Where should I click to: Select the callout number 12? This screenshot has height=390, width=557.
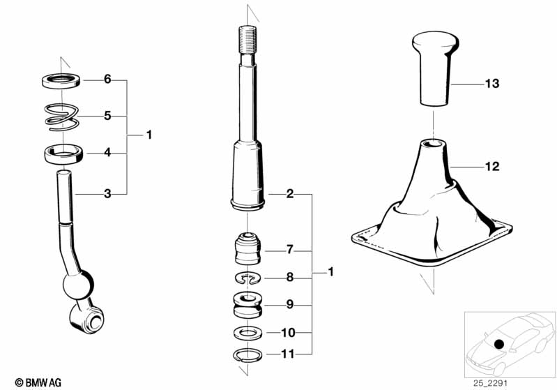(492, 166)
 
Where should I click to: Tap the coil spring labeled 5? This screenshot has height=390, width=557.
(62, 117)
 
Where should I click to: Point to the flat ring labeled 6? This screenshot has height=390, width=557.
(61, 82)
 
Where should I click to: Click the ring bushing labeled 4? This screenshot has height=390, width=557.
(64, 153)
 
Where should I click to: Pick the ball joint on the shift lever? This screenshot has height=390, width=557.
(78, 285)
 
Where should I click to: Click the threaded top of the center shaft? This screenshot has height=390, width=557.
(247, 40)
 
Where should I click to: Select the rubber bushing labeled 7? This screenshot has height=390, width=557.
(248, 248)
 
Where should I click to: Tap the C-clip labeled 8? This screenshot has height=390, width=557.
(248, 278)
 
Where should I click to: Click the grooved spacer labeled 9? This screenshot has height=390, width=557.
(247, 306)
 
